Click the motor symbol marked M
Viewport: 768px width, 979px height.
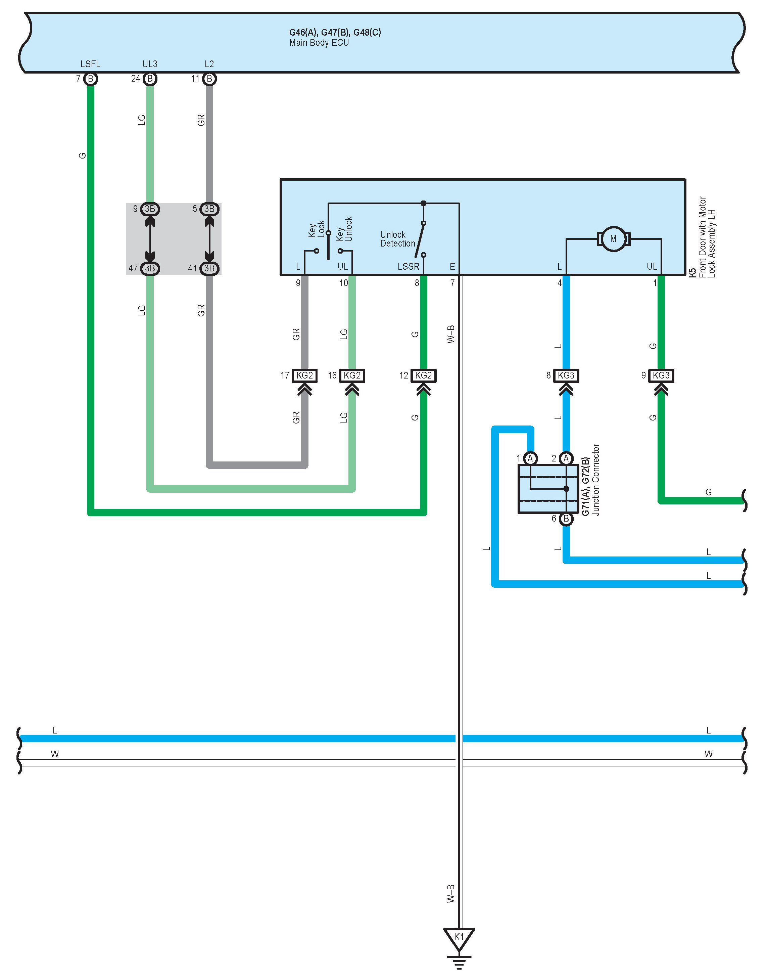pyautogui.click(x=613, y=239)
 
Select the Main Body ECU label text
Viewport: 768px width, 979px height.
pyautogui.click(x=319, y=43)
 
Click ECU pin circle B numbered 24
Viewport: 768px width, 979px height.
pyautogui.click(x=150, y=79)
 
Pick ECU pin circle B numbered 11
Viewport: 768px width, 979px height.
pyautogui.click(x=209, y=79)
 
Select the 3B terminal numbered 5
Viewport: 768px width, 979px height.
pyautogui.click(x=209, y=209)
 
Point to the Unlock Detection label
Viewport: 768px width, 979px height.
pyautogui.click(x=397, y=239)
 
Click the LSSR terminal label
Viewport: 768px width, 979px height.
pyautogui.click(x=408, y=267)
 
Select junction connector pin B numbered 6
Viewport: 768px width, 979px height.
pyautogui.click(x=566, y=519)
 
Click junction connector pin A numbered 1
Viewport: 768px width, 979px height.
pyautogui.click(x=531, y=458)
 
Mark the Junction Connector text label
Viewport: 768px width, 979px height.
pyautogui.click(x=596, y=480)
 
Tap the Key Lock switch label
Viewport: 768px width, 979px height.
pyautogui.click(x=317, y=229)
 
